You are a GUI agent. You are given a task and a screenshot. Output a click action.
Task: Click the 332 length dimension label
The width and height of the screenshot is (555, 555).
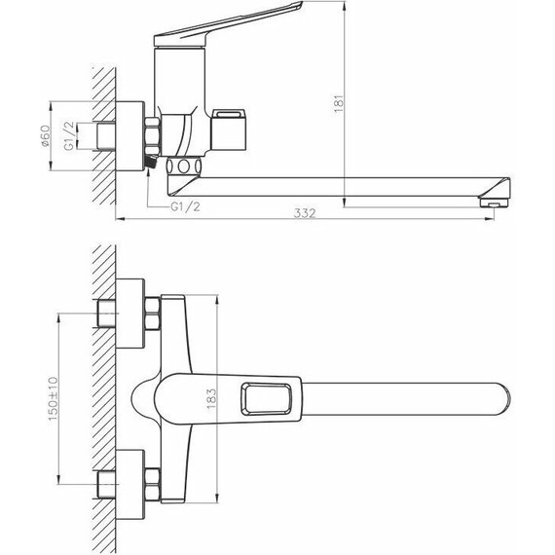(x=305, y=213)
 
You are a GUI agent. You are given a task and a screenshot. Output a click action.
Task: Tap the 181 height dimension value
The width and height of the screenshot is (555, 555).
(x=339, y=103)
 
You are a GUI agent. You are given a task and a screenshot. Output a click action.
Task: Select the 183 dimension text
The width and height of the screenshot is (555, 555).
(x=211, y=398)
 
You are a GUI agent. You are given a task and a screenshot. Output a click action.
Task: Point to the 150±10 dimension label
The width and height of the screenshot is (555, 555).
(x=53, y=399)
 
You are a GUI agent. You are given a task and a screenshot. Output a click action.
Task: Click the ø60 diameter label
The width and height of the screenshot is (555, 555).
(x=47, y=136)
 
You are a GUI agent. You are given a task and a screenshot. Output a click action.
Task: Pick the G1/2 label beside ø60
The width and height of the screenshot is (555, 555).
(x=70, y=135)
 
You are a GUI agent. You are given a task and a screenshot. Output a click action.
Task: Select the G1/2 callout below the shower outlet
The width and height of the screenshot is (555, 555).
(x=185, y=206)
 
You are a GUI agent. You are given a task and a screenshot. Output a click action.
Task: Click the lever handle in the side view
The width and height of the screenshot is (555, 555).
(x=228, y=23)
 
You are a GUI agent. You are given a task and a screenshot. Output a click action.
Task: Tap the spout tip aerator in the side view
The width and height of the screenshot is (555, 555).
(x=496, y=203)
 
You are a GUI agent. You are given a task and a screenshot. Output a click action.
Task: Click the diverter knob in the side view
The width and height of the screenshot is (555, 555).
(x=229, y=129)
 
